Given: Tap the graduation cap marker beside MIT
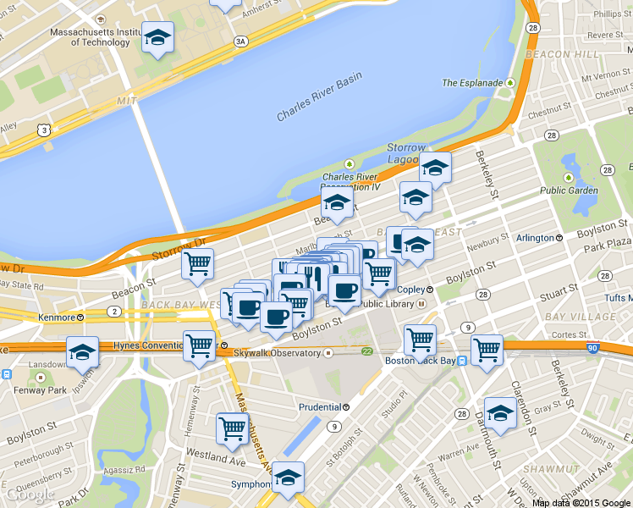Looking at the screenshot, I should click(x=157, y=37).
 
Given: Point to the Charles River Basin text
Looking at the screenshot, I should click(x=319, y=97).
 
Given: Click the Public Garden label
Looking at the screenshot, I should click(x=569, y=190).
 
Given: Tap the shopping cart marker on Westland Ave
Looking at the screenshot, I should click(x=232, y=428).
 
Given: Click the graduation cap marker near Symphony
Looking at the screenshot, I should click(x=289, y=478).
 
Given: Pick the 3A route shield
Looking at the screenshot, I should click(x=241, y=41).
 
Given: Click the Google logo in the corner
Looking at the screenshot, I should click(x=30, y=494).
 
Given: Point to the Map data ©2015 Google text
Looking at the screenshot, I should click(x=581, y=502).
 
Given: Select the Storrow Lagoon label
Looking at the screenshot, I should click(x=406, y=153).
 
